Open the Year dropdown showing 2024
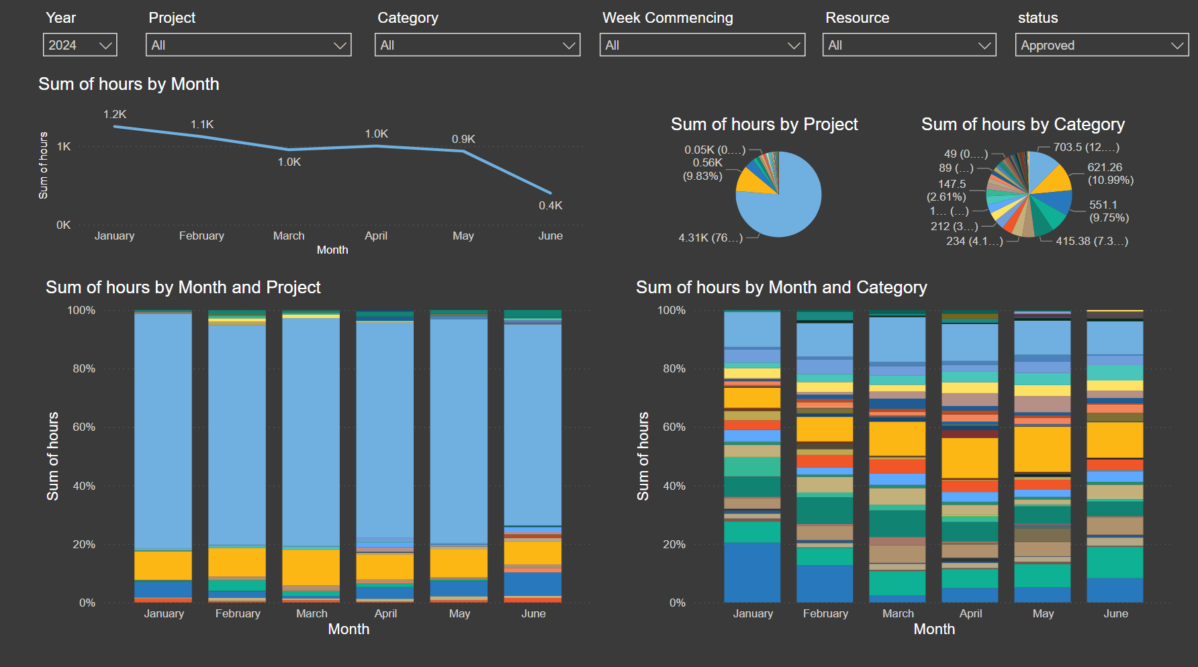pos(79,45)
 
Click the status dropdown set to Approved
pos(1101,45)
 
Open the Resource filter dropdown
pos(909,45)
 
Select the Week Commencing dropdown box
pos(702,45)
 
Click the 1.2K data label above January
pos(115,115)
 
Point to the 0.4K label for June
pos(550,205)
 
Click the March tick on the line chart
pos(289,236)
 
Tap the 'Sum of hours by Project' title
pos(764,124)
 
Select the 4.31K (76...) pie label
pos(710,238)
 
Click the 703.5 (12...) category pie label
pos(1086,147)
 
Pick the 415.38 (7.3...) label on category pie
pos(1091,241)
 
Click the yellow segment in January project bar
pos(163,565)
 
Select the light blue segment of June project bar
pos(533,423)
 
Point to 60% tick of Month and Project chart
pos(84,427)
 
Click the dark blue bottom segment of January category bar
pos(752,572)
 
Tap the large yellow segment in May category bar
pos(1042,449)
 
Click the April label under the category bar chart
pos(970,613)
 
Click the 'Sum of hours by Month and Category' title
pos(781,287)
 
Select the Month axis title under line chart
pos(332,250)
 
